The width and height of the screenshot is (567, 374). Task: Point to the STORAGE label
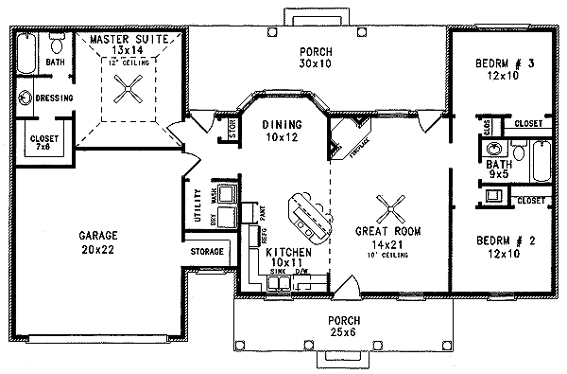(207, 252)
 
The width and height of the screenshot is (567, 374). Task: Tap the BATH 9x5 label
(499, 169)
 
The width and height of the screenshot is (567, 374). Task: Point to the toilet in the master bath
(56, 43)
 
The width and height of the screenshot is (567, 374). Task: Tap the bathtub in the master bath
(26, 46)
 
